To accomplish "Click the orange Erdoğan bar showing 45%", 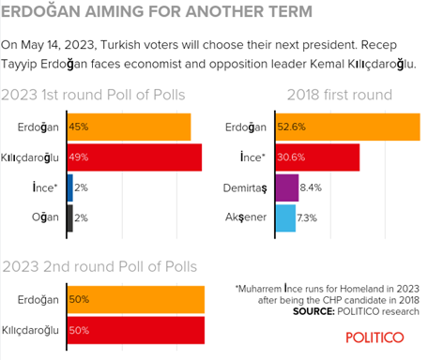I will [x=129, y=127].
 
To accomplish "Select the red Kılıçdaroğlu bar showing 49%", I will [x=134, y=157].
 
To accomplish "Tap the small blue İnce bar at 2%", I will [x=69, y=187].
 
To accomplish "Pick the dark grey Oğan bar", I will [x=69, y=217].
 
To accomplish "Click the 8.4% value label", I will [x=311, y=187].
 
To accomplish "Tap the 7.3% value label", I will [x=308, y=217].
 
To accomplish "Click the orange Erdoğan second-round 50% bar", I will [x=135, y=299].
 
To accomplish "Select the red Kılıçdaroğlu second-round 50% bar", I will [x=135, y=329].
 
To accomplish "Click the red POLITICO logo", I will [x=374, y=337].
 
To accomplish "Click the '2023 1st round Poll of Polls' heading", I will [x=93, y=95].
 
